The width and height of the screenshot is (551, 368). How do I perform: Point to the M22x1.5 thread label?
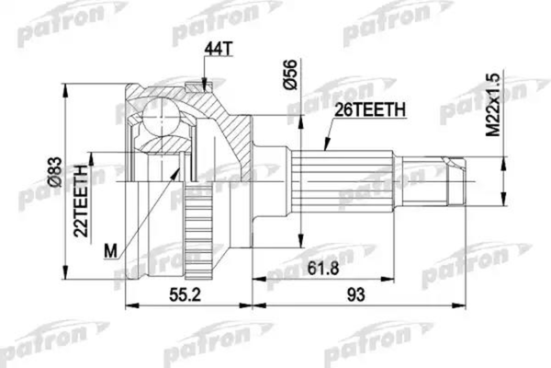point(493,103)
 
